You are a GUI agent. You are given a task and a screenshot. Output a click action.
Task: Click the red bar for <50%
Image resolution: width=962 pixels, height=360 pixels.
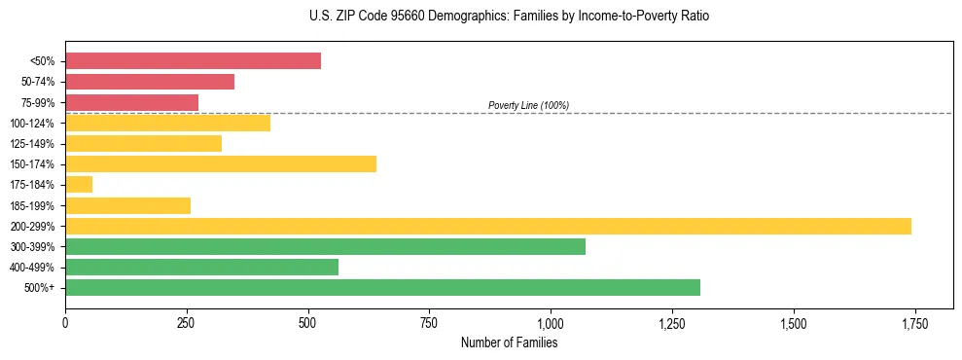(x=193, y=60)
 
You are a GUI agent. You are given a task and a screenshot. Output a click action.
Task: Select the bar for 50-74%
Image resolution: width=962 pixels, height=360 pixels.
(x=150, y=82)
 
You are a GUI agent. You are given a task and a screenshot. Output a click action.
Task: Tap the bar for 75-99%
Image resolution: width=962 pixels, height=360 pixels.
(x=131, y=102)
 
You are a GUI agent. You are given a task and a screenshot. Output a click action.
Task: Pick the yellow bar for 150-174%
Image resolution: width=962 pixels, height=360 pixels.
(x=221, y=163)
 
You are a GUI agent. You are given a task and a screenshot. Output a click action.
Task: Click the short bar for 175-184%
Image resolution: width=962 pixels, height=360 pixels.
(x=79, y=184)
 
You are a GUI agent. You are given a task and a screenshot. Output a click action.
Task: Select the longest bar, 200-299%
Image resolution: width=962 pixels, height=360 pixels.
(x=488, y=226)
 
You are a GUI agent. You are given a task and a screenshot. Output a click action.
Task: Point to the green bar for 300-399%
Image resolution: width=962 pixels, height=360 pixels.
(x=325, y=246)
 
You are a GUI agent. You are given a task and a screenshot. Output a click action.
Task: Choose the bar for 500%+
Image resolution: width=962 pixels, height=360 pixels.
(x=382, y=287)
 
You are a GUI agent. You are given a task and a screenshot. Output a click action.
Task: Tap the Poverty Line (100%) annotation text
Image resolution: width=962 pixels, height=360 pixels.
(x=528, y=105)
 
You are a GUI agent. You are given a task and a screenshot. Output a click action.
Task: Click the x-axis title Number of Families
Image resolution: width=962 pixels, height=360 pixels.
(x=509, y=342)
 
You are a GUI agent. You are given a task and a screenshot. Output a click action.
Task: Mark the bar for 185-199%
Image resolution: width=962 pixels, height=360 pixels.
(x=127, y=205)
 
